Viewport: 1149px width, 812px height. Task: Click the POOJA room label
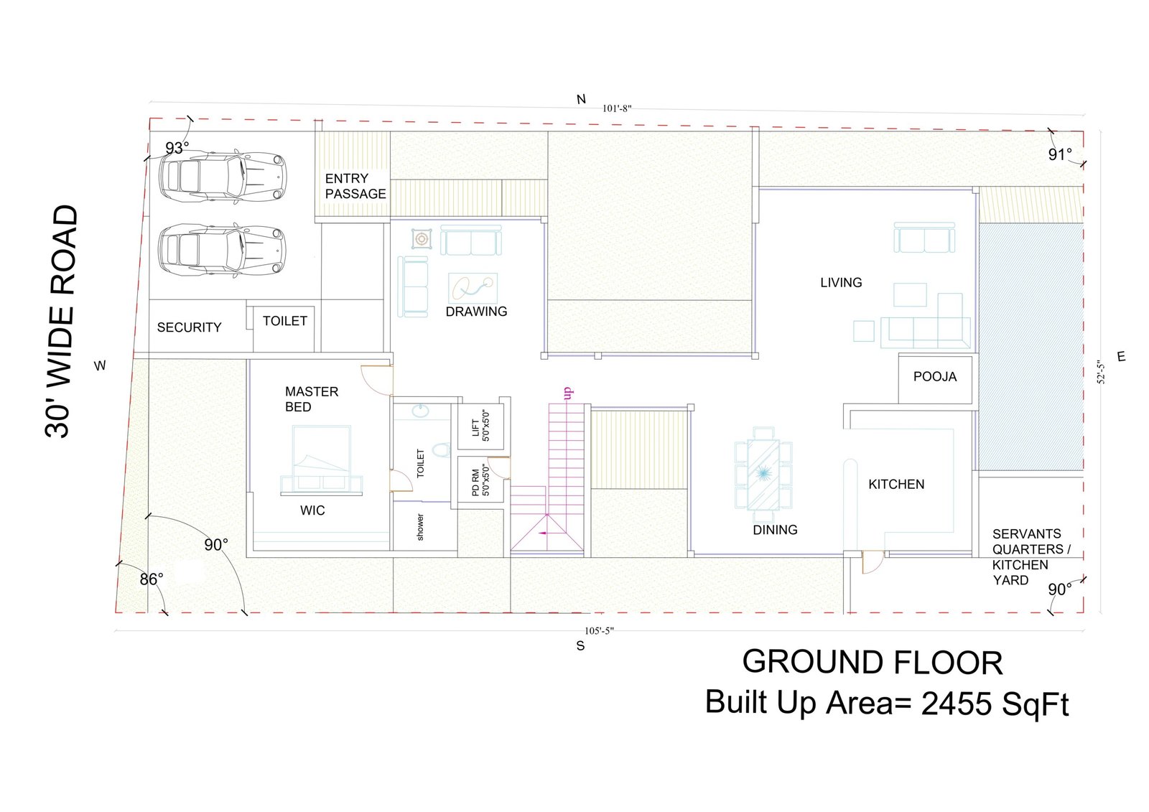pyautogui.click(x=934, y=376)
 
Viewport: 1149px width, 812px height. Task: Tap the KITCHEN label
pyautogui.click(x=896, y=484)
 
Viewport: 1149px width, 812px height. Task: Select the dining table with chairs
pyautogui.click(x=763, y=468)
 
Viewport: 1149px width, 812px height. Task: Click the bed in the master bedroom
pyautogui.click(x=322, y=460)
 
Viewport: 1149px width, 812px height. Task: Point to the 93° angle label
pyautogui.click(x=177, y=148)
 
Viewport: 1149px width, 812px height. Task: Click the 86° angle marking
pyautogui.click(x=152, y=579)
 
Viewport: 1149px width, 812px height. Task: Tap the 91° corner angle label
pyautogui.click(x=1060, y=154)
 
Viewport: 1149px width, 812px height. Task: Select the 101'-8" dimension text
pyautogui.click(x=617, y=108)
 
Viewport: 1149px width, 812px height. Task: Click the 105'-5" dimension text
pyautogui.click(x=599, y=631)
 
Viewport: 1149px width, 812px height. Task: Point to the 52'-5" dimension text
pyautogui.click(x=1101, y=373)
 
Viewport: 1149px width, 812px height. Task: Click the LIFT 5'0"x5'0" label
pyautogui.click(x=480, y=426)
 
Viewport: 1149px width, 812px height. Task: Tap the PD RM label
pyautogui.click(x=475, y=482)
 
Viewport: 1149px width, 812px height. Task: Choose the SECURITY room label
pyautogui.click(x=190, y=327)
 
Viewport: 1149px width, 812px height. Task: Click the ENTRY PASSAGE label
pyautogui.click(x=355, y=186)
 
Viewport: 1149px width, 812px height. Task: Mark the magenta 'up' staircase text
pyautogui.click(x=568, y=394)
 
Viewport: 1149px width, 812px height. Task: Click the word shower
pyautogui.click(x=420, y=527)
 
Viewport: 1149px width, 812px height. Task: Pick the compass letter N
pyautogui.click(x=581, y=100)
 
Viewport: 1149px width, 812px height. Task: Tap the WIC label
pyautogui.click(x=312, y=510)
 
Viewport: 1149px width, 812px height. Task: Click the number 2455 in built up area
pyautogui.click(x=956, y=704)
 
